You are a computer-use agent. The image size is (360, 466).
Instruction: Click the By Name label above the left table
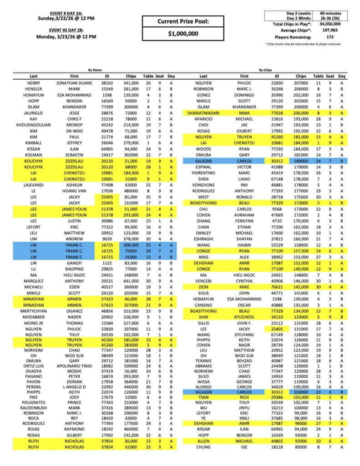(94, 70)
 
